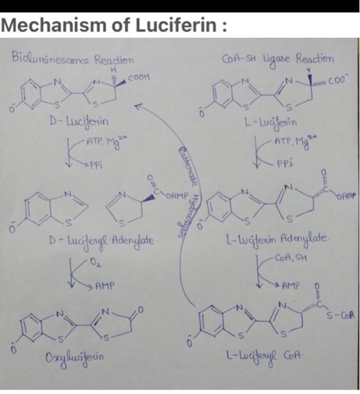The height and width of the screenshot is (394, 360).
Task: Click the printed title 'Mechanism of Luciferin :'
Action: [x=115, y=26]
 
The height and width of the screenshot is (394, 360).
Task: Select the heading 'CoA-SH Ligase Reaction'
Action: [x=278, y=58]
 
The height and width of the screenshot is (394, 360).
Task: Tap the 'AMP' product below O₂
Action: [x=105, y=286]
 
